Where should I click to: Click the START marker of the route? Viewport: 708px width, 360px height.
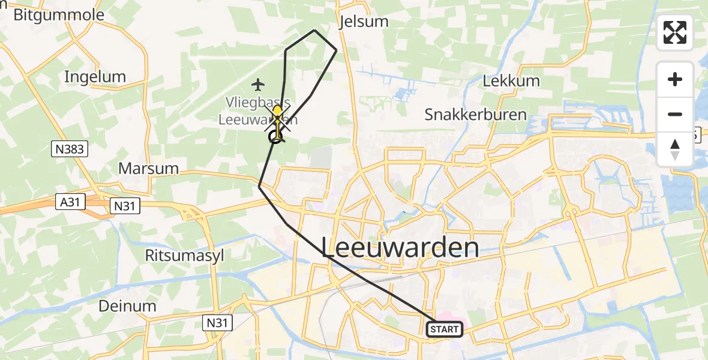tap(445, 329)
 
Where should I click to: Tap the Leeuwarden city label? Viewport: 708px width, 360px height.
tap(401, 248)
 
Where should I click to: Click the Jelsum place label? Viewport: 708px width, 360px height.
tap(364, 22)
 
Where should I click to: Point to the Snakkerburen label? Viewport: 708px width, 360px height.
tap(475, 115)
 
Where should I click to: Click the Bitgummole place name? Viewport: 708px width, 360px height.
tap(58, 15)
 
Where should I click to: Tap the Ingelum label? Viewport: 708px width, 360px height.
tap(95, 77)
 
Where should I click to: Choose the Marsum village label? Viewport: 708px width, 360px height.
tap(148, 169)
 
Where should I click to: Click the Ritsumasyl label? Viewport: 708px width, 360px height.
tap(184, 255)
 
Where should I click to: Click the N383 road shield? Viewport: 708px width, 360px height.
tap(70, 148)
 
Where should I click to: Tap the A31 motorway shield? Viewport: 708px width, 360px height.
tap(70, 202)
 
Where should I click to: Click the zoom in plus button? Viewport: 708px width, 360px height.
tap(675, 79)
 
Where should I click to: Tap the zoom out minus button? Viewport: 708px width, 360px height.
tap(675, 114)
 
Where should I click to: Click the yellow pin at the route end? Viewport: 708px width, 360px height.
tap(277, 112)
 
